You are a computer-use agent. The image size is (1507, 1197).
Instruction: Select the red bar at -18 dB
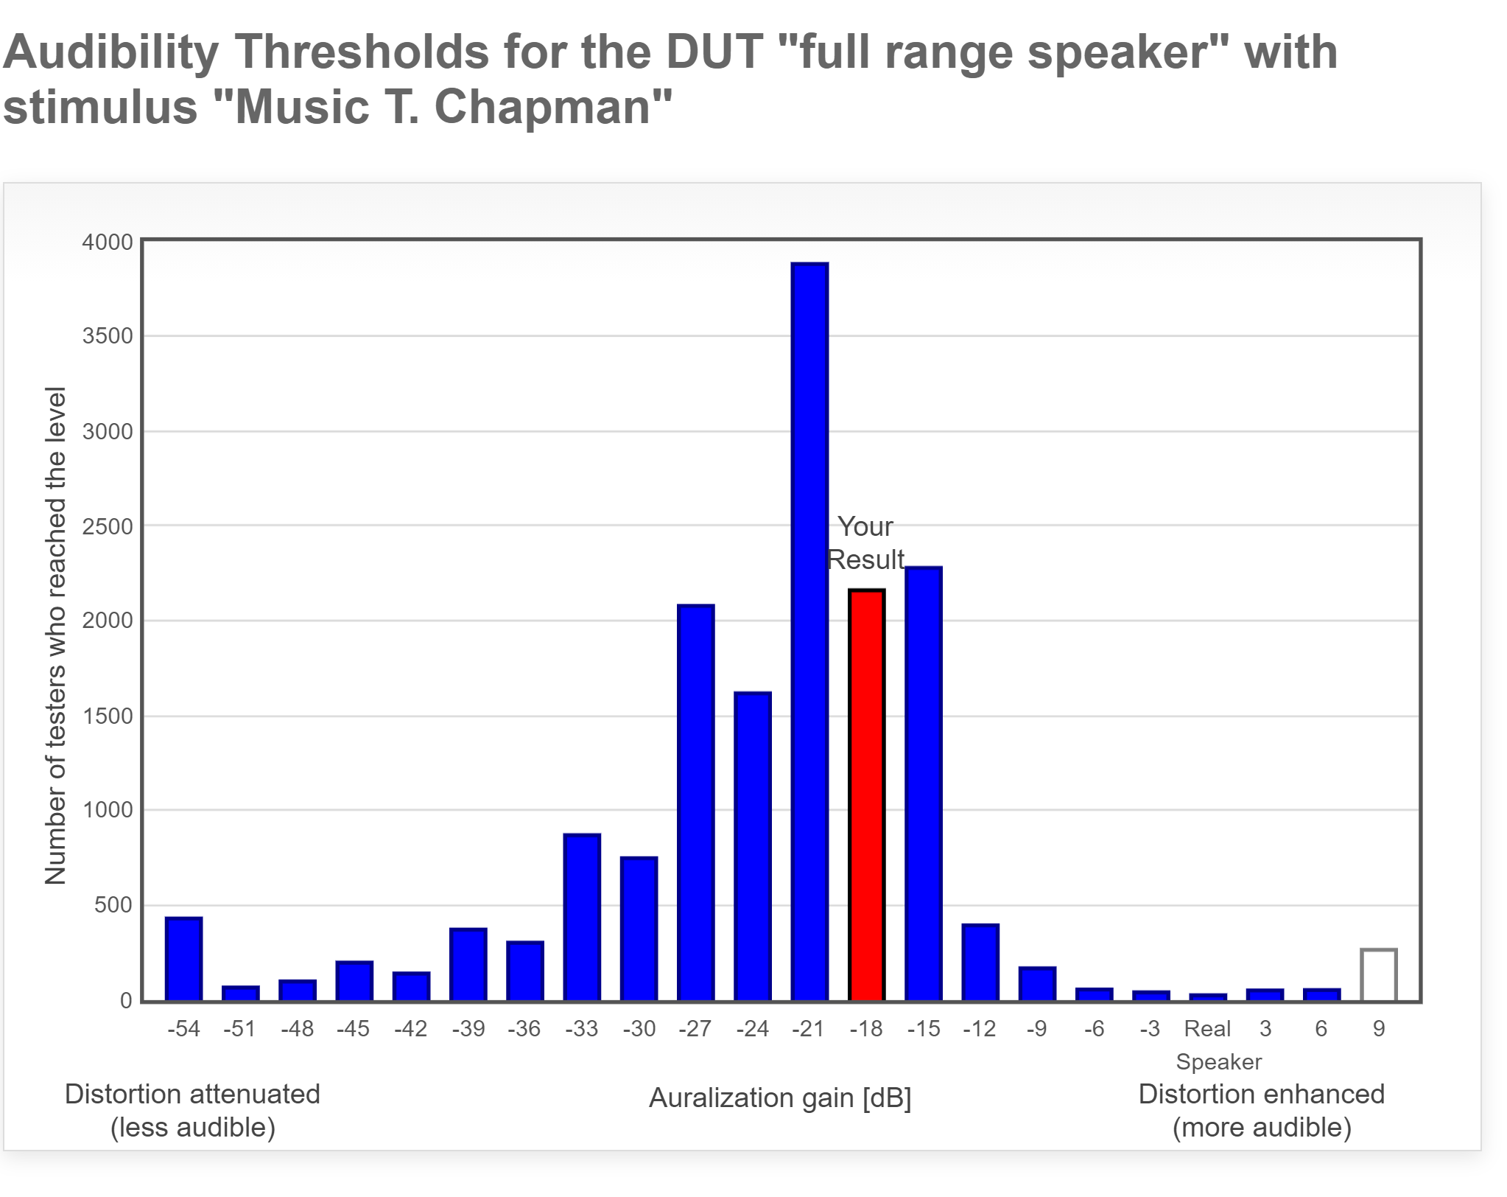tap(866, 795)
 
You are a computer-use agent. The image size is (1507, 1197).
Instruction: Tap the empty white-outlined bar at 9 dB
tap(1378, 975)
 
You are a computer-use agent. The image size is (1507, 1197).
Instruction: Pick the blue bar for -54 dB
tap(183, 959)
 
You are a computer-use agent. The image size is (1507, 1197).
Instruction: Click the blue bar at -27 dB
tap(695, 803)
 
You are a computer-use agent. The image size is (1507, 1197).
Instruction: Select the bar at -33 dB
tap(582, 917)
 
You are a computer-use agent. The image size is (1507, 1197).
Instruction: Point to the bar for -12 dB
tap(980, 962)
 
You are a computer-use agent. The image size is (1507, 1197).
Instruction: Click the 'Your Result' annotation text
tap(865, 543)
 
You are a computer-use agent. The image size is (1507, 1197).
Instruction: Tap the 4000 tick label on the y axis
tap(108, 242)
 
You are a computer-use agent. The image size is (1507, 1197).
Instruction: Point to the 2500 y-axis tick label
tap(108, 527)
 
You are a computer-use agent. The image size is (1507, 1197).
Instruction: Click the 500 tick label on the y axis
tap(113, 905)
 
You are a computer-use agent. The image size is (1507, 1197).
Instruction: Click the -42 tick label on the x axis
tap(410, 1028)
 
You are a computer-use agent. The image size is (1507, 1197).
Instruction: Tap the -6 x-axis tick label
tap(1094, 1028)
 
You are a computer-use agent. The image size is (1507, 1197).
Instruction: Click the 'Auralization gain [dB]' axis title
tap(780, 1098)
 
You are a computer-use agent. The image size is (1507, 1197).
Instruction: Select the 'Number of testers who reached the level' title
tap(56, 635)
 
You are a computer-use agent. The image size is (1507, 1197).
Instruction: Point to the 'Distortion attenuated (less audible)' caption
tap(192, 1111)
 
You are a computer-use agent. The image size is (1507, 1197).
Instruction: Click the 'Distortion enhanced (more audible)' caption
tap(1261, 1111)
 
